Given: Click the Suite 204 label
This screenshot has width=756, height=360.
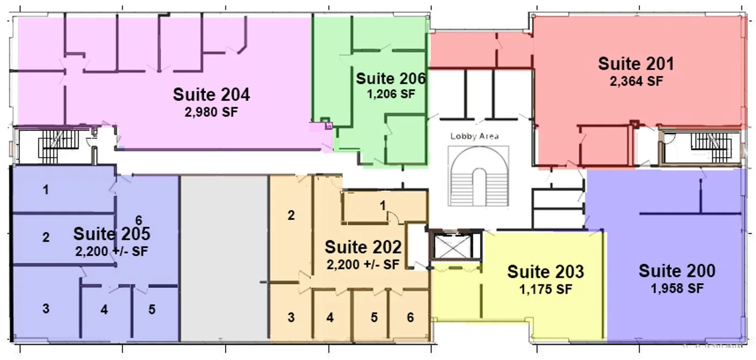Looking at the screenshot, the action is tap(211, 94).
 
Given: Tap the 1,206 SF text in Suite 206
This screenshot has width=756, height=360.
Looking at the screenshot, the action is tap(391, 94).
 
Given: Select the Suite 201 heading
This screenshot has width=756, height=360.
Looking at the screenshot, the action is tap(636, 64).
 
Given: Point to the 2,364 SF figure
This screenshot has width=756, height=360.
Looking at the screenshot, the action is tap(636, 81).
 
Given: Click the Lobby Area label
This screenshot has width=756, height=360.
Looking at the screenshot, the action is tap(475, 137).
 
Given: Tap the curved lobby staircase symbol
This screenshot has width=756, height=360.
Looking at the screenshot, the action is tap(478, 176).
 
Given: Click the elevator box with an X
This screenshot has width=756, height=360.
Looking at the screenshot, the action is tap(453, 247).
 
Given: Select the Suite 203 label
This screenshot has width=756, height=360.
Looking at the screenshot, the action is tap(545, 272).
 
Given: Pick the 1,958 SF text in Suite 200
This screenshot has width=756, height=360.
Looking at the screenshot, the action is tap(677, 288).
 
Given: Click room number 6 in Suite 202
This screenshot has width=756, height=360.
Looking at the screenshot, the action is tap(410, 317).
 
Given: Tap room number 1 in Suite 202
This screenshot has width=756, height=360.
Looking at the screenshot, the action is tap(382, 206).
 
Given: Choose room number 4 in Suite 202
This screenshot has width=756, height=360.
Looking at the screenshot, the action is tap(330, 317).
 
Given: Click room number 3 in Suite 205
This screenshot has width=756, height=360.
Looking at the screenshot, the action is tap(46, 308).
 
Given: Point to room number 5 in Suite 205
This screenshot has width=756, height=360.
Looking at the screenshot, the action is tap(152, 309).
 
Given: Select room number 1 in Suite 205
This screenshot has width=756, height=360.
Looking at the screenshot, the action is tap(46, 190).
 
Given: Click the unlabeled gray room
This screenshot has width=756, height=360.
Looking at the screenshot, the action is tap(225, 259).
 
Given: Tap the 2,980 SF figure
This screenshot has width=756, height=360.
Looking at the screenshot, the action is tap(211, 112).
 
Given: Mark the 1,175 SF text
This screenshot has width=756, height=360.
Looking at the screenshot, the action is tap(545, 289).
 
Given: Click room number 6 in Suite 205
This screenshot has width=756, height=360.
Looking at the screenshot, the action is tap(139, 220).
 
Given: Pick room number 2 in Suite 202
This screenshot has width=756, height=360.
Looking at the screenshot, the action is tap(291, 215).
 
